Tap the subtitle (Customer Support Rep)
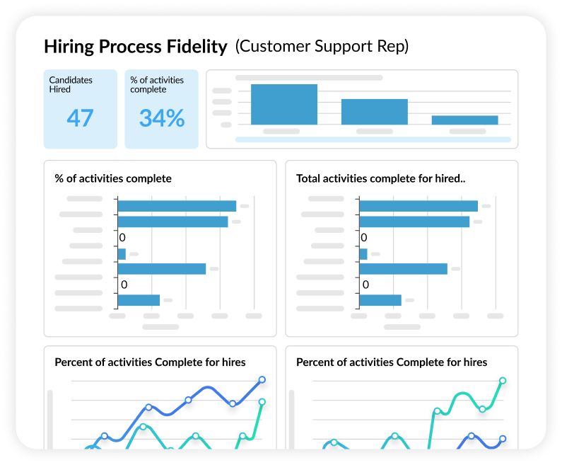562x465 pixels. click(322, 47)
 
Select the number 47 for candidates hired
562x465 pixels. click(80, 117)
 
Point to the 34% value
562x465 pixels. click(161, 117)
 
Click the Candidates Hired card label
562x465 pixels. click(71, 85)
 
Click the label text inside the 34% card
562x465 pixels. click(158, 85)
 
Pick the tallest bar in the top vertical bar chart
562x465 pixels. click(283, 104)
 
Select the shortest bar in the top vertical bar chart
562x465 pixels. click(464, 120)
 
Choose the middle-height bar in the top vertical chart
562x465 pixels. click(374, 112)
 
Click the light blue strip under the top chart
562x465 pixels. click(373, 139)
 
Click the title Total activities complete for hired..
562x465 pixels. click(380, 178)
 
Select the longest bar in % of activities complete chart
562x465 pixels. click(177, 206)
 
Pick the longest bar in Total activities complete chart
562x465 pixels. click(418, 206)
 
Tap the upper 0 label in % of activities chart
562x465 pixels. click(122, 238)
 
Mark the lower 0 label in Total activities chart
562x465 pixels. click(365, 285)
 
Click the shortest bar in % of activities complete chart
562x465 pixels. click(122, 253)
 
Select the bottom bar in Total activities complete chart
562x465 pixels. click(380, 300)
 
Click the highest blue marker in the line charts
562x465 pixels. click(262, 379)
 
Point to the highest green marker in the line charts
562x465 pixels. click(503, 380)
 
